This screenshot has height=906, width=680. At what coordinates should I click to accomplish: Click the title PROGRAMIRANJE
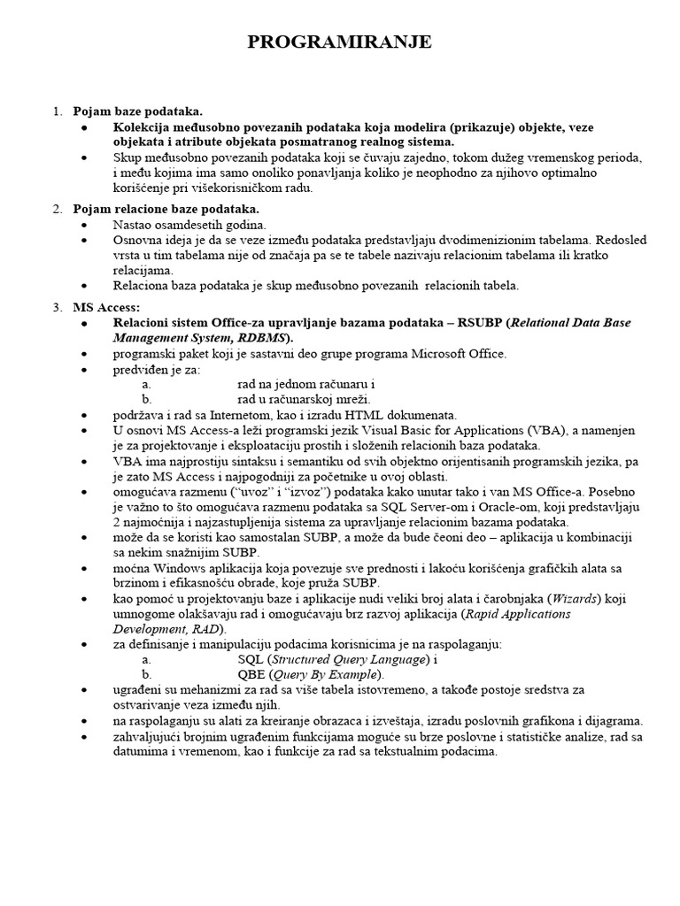coord(340,43)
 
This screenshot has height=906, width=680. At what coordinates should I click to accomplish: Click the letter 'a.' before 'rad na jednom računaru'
coord(147,385)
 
